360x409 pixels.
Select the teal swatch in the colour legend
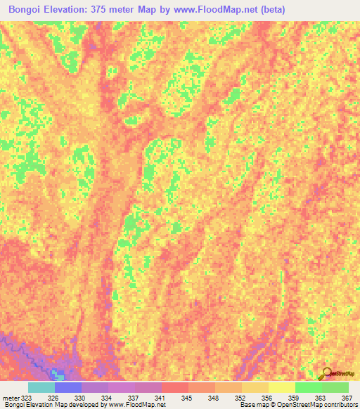[x=41, y=387]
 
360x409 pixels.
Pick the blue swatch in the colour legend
[x=68, y=387]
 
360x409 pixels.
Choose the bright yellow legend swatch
[x=282, y=387]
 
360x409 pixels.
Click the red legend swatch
[x=175, y=387]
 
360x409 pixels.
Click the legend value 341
[x=160, y=398]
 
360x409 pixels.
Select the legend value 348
[x=214, y=398]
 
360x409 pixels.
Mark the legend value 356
[x=268, y=398]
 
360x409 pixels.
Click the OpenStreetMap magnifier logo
[x=328, y=373]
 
